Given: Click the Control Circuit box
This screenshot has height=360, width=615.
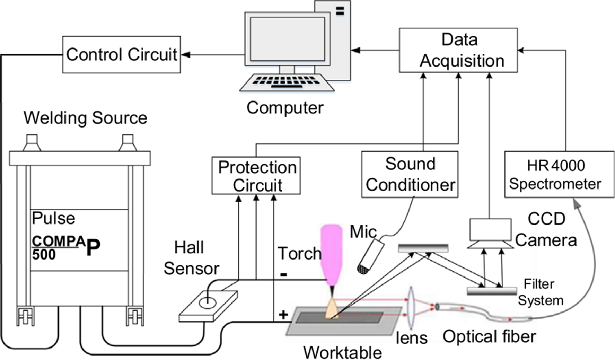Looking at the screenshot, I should tap(121, 55).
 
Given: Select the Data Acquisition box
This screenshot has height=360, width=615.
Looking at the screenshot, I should tap(458, 50).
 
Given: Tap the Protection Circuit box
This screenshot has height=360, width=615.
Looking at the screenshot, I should tap(256, 176).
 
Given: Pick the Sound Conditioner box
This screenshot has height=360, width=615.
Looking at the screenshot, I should tap(410, 174).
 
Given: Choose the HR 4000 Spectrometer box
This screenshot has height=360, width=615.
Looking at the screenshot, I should tap(559, 174).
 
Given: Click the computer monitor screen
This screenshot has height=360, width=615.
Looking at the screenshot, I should tap(287, 39).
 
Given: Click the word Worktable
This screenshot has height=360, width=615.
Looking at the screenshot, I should tap(342, 352).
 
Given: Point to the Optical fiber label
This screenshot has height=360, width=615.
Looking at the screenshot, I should tap(489, 336).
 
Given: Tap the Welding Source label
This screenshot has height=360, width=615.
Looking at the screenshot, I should tap(85, 118).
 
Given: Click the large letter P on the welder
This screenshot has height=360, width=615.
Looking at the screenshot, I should tap(93, 248).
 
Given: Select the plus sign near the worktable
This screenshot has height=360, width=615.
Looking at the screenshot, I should tap(283, 315).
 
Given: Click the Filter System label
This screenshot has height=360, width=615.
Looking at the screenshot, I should tap(540, 292).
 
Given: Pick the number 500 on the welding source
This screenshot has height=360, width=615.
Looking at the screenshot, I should tap(44, 255).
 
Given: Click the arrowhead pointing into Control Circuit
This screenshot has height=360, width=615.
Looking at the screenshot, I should tap(185, 55).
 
